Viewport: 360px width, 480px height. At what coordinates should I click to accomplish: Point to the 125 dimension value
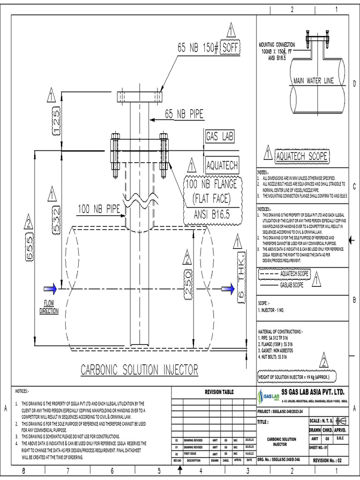click(x=55, y=116)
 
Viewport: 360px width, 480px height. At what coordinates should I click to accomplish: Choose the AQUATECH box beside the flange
click(x=222, y=166)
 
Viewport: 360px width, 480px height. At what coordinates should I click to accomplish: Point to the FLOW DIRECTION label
click(x=49, y=307)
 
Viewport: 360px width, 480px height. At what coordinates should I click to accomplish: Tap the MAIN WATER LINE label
click(x=314, y=81)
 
